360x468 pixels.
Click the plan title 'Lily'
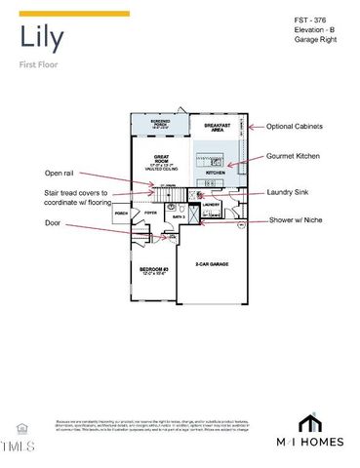click(42, 39)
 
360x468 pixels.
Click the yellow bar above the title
click(74, 14)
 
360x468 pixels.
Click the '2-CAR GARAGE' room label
click(211, 263)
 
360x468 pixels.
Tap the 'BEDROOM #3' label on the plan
click(153, 269)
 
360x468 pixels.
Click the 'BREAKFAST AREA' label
click(218, 127)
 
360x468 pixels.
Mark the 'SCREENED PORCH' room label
click(160, 123)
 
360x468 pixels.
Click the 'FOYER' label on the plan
click(150, 212)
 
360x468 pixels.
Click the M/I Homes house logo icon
click(309, 425)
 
